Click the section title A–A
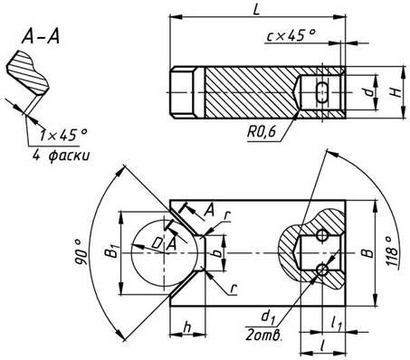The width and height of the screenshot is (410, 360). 41,36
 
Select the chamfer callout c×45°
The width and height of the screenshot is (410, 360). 291,35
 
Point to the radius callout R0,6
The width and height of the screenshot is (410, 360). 262,131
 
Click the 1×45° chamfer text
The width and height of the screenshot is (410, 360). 63,135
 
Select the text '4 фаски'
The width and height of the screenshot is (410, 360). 62,156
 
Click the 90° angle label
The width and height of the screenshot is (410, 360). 81,252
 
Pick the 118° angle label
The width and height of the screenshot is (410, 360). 393,251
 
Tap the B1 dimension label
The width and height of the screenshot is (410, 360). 112,251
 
